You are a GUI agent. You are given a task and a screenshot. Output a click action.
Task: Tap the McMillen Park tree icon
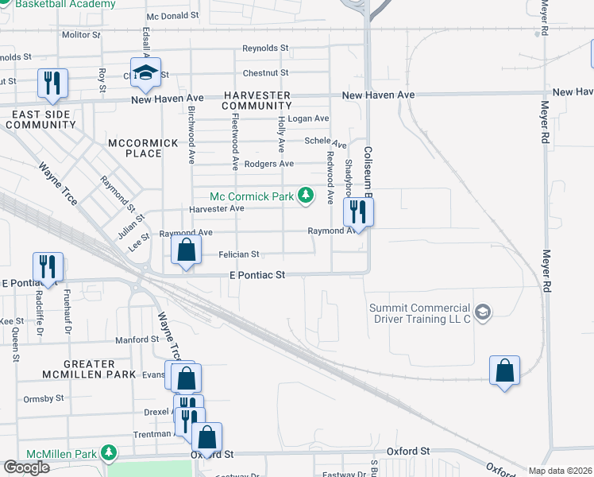[x=108, y=453]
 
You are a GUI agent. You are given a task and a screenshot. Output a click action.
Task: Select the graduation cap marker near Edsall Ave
[x=145, y=73]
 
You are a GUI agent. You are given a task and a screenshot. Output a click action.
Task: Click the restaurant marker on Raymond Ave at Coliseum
[x=358, y=212]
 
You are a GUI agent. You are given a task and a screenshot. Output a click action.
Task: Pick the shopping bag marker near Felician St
[x=185, y=251]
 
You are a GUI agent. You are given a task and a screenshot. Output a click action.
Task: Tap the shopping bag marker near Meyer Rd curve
[x=504, y=370]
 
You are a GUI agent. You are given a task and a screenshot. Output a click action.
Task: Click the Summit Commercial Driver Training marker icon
[x=483, y=310]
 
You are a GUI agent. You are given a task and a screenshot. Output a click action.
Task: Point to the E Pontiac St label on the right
[x=256, y=275]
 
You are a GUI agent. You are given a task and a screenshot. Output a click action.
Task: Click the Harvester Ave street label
[x=216, y=209]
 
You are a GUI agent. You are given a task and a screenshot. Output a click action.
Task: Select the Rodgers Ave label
[x=268, y=165]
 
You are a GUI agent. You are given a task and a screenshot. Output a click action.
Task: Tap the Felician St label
[x=239, y=254]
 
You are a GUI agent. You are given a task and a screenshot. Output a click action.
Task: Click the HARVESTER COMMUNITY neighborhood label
[x=256, y=100]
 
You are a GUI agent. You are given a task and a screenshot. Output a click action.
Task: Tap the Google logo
[x=26, y=467]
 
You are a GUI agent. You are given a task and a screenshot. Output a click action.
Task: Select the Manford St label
[x=137, y=339]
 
